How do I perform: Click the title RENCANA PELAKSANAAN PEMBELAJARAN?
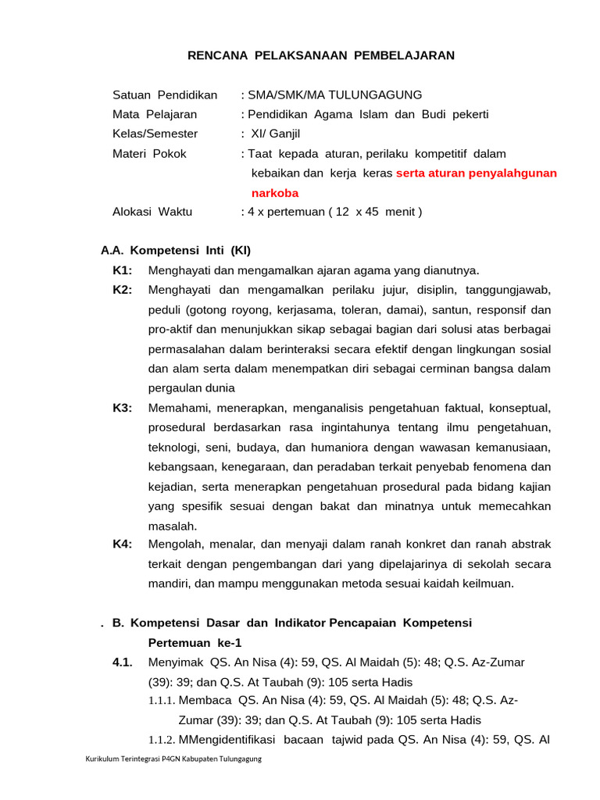(321, 55)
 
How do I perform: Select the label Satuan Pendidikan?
(165, 95)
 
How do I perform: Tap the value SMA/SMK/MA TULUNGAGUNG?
(334, 95)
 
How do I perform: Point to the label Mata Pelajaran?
(155, 115)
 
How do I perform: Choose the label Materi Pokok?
(149, 154)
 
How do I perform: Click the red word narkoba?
(275, 193)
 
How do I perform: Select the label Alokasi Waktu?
(152, 212)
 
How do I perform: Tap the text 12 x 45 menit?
(375, 212)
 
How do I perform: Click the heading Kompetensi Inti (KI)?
(191, 251)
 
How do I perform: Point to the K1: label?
(123, 270)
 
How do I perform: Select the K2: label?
(123, 290)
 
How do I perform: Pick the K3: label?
(123, 408)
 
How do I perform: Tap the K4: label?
(123, 545)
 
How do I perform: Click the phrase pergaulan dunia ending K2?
(191, 388)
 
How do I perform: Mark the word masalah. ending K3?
(173, 526)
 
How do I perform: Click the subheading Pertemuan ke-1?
(195, 643)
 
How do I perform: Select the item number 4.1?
(121, 662)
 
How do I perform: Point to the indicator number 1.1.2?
(162, 740)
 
